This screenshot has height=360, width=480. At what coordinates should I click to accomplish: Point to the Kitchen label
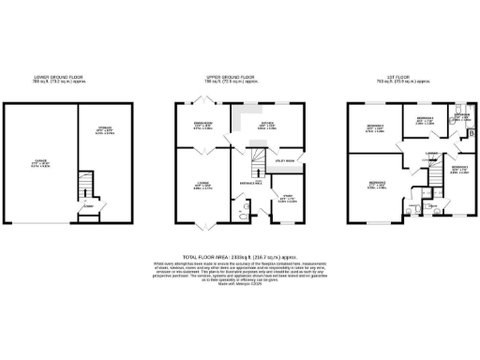click(268, 126)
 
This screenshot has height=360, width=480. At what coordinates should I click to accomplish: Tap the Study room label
click(284, 198)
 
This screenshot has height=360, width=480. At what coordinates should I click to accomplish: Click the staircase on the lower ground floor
click(84, 183)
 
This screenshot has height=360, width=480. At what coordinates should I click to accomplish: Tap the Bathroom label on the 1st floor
click(462, 117)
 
